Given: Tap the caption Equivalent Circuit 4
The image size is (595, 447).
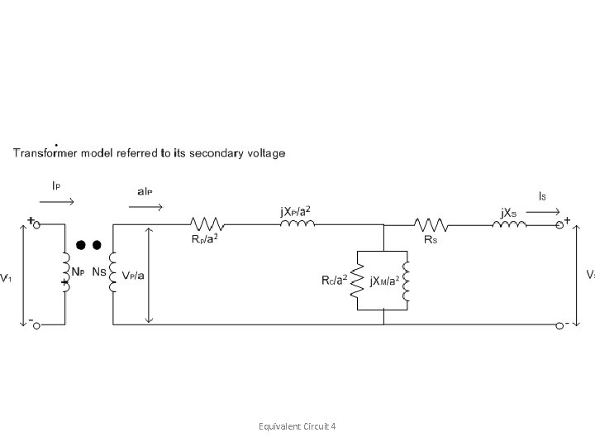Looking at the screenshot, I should click(297, 426).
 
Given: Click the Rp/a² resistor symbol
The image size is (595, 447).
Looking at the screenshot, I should click(206, 223).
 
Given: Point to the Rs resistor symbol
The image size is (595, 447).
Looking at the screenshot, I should click(431, 223).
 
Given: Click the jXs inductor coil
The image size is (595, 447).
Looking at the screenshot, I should click(510, 223).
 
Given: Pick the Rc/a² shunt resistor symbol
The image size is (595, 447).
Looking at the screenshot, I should click(357, 281).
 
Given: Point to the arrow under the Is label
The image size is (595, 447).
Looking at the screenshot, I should click(541, 212).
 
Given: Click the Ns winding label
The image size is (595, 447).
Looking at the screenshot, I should click(98, 272).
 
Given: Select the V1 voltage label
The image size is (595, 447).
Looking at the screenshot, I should click(6, 277).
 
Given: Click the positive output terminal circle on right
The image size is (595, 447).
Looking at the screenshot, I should click(559, 224).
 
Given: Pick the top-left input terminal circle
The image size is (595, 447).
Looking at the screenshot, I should click(36, 224).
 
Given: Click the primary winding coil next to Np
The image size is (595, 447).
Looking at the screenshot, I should click(65, 272).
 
